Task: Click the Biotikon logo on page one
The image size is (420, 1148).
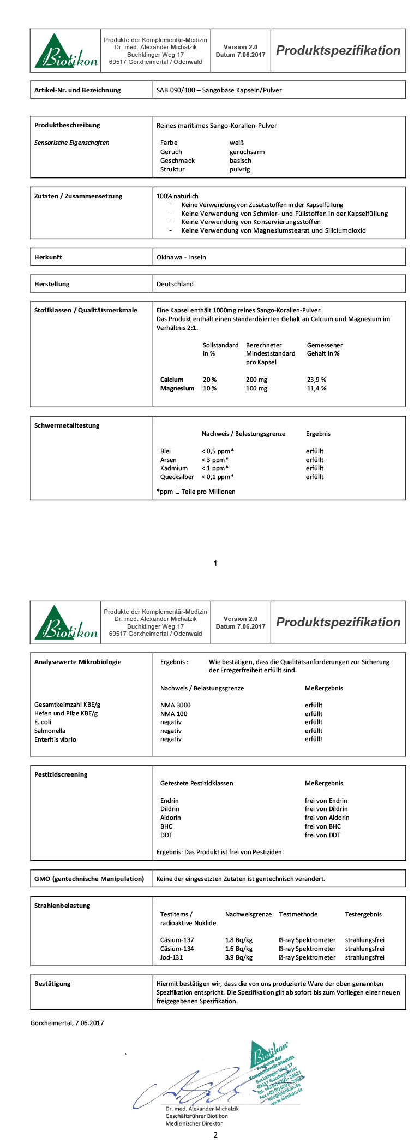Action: [x=66, y=51]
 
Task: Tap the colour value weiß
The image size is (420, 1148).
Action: [x=237, y=143]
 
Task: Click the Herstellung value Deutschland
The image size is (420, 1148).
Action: [x=175, y=284]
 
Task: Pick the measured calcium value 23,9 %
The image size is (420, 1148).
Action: [x=316, y=380]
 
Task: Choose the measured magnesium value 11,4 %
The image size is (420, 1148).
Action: [x=316, y=388]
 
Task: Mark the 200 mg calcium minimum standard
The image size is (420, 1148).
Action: [x=256, y=380]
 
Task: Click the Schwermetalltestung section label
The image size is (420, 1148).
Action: [x=67, y=425]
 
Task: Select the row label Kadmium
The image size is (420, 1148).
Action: [x=174, y=468]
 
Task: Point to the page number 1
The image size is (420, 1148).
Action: [x=215, y=563]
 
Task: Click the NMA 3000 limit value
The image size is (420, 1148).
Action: [x=175, y=705]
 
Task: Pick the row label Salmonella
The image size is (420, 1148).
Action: [x=50, y=731]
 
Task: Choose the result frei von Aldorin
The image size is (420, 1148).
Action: [x=327, y=818]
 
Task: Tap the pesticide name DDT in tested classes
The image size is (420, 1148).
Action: [x=166, y=835]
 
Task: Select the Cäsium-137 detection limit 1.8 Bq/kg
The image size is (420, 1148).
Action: [x=239, y=940]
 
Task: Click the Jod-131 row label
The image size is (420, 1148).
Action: [x=172, y=957]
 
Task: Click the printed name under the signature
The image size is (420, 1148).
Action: [x=202, y=1109]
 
